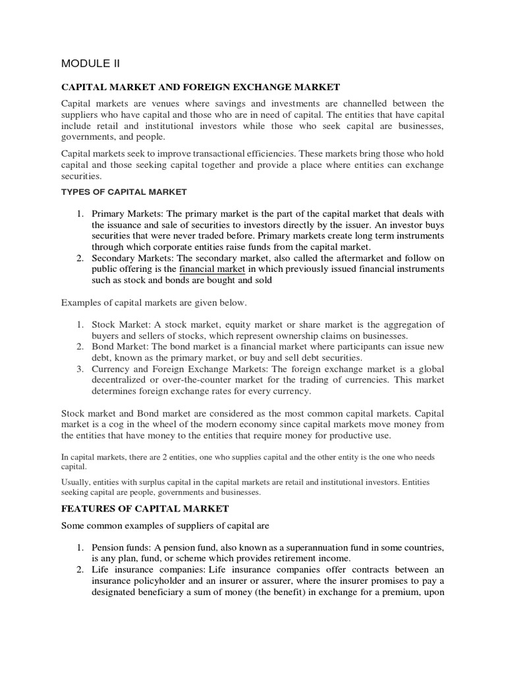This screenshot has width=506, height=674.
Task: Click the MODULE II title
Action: click(90, 63)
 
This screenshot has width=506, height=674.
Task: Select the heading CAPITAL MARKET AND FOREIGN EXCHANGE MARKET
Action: click(200, 87)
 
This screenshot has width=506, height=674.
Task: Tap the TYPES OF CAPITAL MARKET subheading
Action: click(124, 192)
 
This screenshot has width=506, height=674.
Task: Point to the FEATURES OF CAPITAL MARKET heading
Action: click(146, 508)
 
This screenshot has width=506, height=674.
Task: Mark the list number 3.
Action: click(79, 369)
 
